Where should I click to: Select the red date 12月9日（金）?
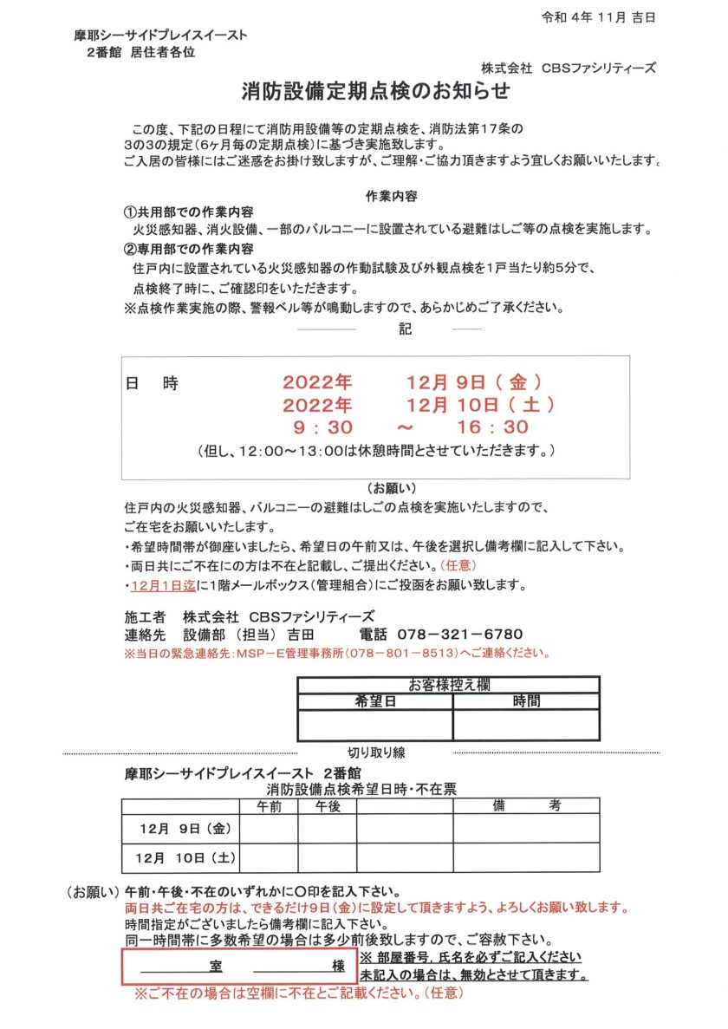[x=475, y=381]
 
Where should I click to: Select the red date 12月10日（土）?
[x=481, y=404]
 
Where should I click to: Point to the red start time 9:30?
[x=322, y=427]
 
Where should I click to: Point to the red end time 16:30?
[x=492, y=427]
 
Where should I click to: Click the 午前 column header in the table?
[x=269, y=805]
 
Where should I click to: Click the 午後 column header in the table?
[x=328, y=805]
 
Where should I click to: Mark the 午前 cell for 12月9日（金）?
[x=269, y=829]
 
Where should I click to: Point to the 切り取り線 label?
[x=375, y=752]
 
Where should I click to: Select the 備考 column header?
[x=526, y=805]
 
